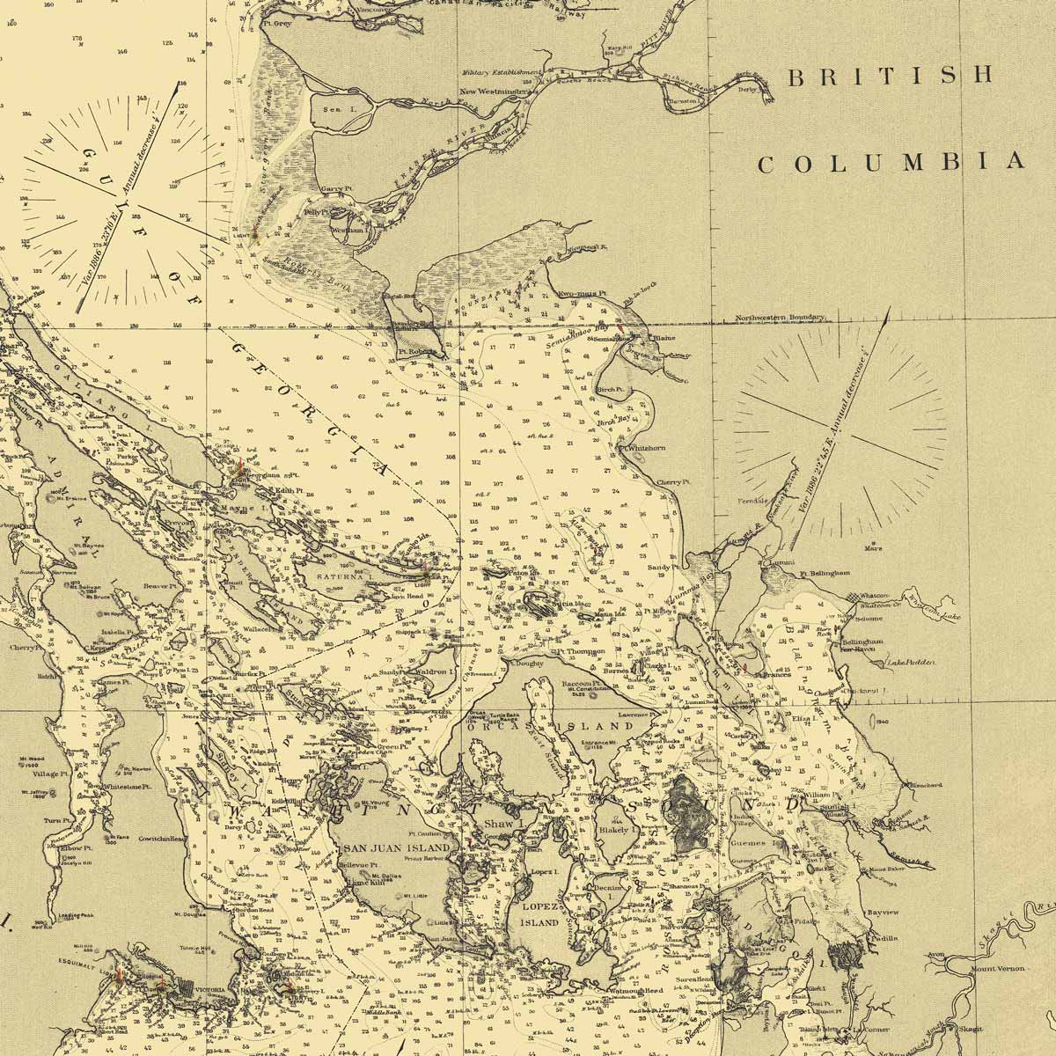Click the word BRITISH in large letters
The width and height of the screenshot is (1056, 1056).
891,77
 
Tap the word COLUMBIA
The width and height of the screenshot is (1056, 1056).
891,163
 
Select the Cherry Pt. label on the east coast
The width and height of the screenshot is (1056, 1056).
672,482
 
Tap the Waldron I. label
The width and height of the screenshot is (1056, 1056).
432,671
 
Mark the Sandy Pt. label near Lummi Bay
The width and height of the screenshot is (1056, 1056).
660,568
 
